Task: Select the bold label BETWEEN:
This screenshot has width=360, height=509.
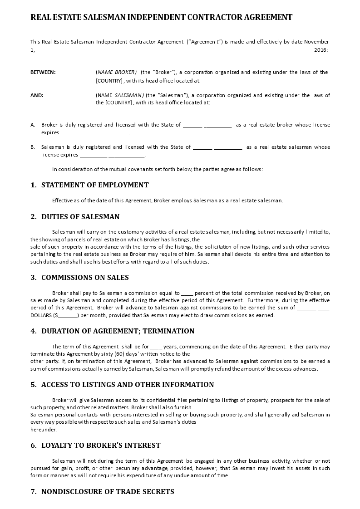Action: click(43, 72)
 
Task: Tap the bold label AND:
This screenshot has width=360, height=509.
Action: click(37, 95)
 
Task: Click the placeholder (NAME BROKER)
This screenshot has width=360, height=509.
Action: click(116, 72)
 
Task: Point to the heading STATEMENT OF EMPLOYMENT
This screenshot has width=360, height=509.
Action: click(95, 185)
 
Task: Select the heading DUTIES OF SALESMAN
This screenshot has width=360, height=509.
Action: click(80, 217)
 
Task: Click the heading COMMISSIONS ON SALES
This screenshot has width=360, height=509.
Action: click(85, 278)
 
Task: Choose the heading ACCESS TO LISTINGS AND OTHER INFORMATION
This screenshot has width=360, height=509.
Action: click(128, 385)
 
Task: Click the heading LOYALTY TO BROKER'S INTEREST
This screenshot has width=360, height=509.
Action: click(101, 445)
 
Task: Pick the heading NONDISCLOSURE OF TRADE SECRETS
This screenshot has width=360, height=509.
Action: click(108, 492)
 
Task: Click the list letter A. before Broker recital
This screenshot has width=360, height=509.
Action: click(33, 125)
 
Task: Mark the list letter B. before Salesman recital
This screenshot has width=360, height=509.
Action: click(33, 147)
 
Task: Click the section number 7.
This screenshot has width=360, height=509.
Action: click(34, 492)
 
